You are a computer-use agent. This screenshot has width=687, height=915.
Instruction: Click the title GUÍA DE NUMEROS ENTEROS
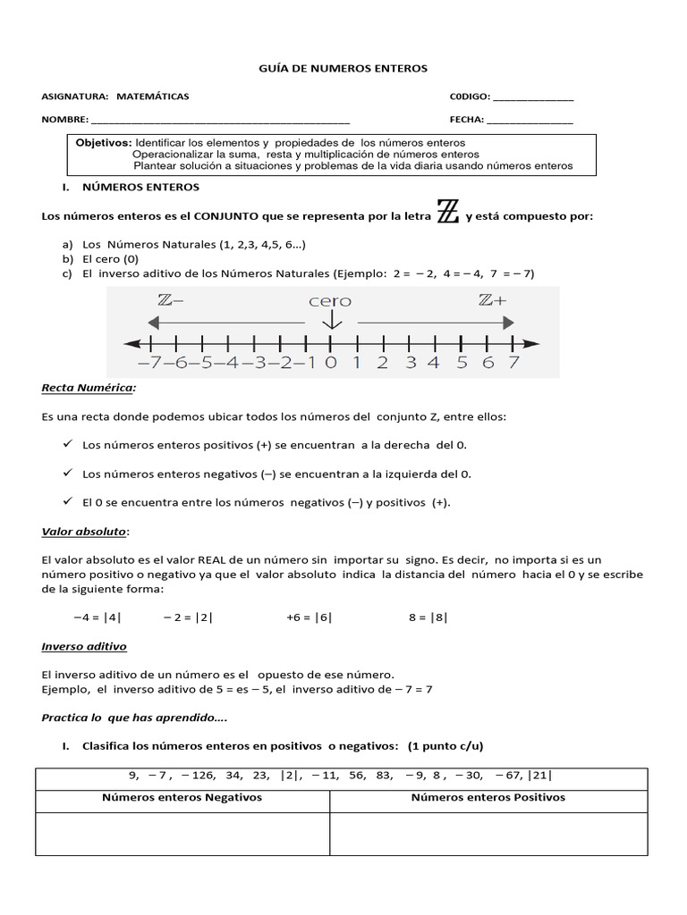pyautogui.click(x=343, y=68)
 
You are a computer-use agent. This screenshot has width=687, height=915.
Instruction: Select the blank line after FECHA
pyautogui.click(x=530, y=121)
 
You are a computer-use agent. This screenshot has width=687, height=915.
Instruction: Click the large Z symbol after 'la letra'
pyautogui.click(x=448, y=214)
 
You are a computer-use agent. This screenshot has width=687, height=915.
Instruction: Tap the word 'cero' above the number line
pyautogui.click(x=330, y=301)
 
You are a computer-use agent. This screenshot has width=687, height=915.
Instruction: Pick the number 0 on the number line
pyautogui.click(x=330, y=363)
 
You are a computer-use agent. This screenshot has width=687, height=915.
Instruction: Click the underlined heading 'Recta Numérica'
pyautogui.click(x=89, y=389)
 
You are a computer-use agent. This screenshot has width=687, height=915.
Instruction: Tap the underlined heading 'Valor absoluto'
pyautogui.click(x=85, y=533)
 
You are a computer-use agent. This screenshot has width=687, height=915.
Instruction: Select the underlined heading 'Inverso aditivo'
pyautogui.click(x=84, y=646)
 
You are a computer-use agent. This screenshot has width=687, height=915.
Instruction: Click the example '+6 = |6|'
pyautogui.click(x=310, y=617)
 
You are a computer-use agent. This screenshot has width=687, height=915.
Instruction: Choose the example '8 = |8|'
pyautogui.click(x=428, y=617)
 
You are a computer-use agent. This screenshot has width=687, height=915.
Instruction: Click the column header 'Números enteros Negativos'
pyautogui.click(x=182, y=798)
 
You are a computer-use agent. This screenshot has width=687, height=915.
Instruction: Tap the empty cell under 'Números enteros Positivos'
pyautogui.click(x=488, y=834)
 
